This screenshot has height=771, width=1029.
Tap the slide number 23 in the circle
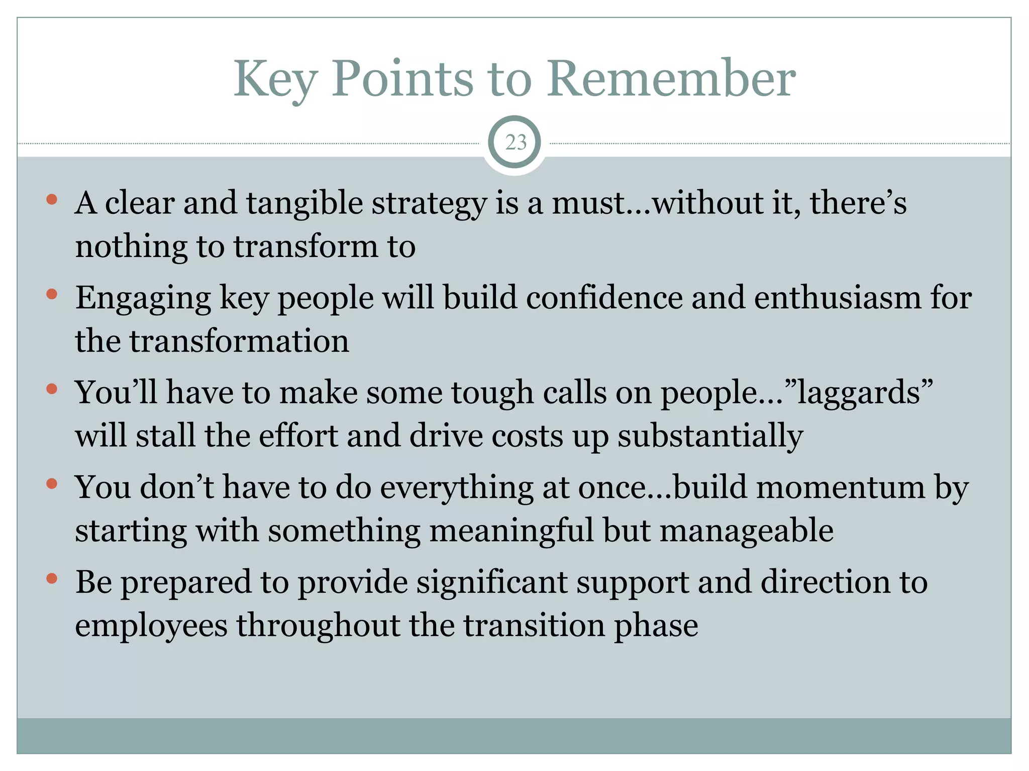(516, 143)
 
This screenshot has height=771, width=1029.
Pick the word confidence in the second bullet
(604, 298)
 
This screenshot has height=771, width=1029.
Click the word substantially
(710, 437)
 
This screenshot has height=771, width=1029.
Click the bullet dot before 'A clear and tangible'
(52, 200)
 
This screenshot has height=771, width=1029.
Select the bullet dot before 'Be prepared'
(52, 579)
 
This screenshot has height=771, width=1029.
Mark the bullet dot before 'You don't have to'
(52, 484)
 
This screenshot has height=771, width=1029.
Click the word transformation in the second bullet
(239, 341)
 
